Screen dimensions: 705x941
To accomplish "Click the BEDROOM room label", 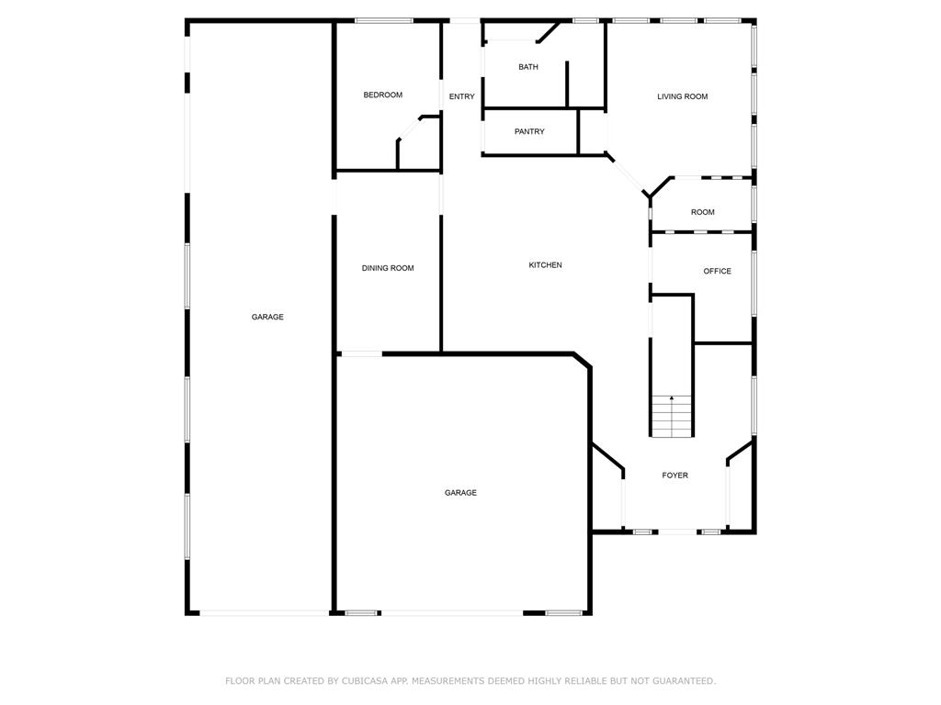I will [382, 95].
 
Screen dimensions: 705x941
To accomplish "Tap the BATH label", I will [528, 67].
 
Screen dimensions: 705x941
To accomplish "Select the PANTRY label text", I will [529, 131].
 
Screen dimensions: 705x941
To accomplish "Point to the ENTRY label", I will [461, 96].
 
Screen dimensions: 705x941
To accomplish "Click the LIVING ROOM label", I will [682, 96].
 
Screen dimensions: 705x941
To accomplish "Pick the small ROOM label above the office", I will [702, 212].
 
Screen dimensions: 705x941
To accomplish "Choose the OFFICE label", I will [717, 271].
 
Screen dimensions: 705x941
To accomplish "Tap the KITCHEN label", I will [545, 265].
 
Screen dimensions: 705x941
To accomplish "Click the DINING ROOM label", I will [387, 268].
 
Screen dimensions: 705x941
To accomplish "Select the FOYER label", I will [675, 476].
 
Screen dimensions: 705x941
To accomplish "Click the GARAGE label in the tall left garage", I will [267, 317].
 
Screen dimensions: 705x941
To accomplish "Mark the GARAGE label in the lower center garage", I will [460, 493].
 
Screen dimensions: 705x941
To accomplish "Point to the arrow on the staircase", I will [672, 398].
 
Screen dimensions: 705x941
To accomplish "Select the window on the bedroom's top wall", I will [383, 20].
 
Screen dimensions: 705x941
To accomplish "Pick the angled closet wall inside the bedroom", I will [409, 128].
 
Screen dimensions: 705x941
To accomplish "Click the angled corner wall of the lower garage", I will [582, 359].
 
